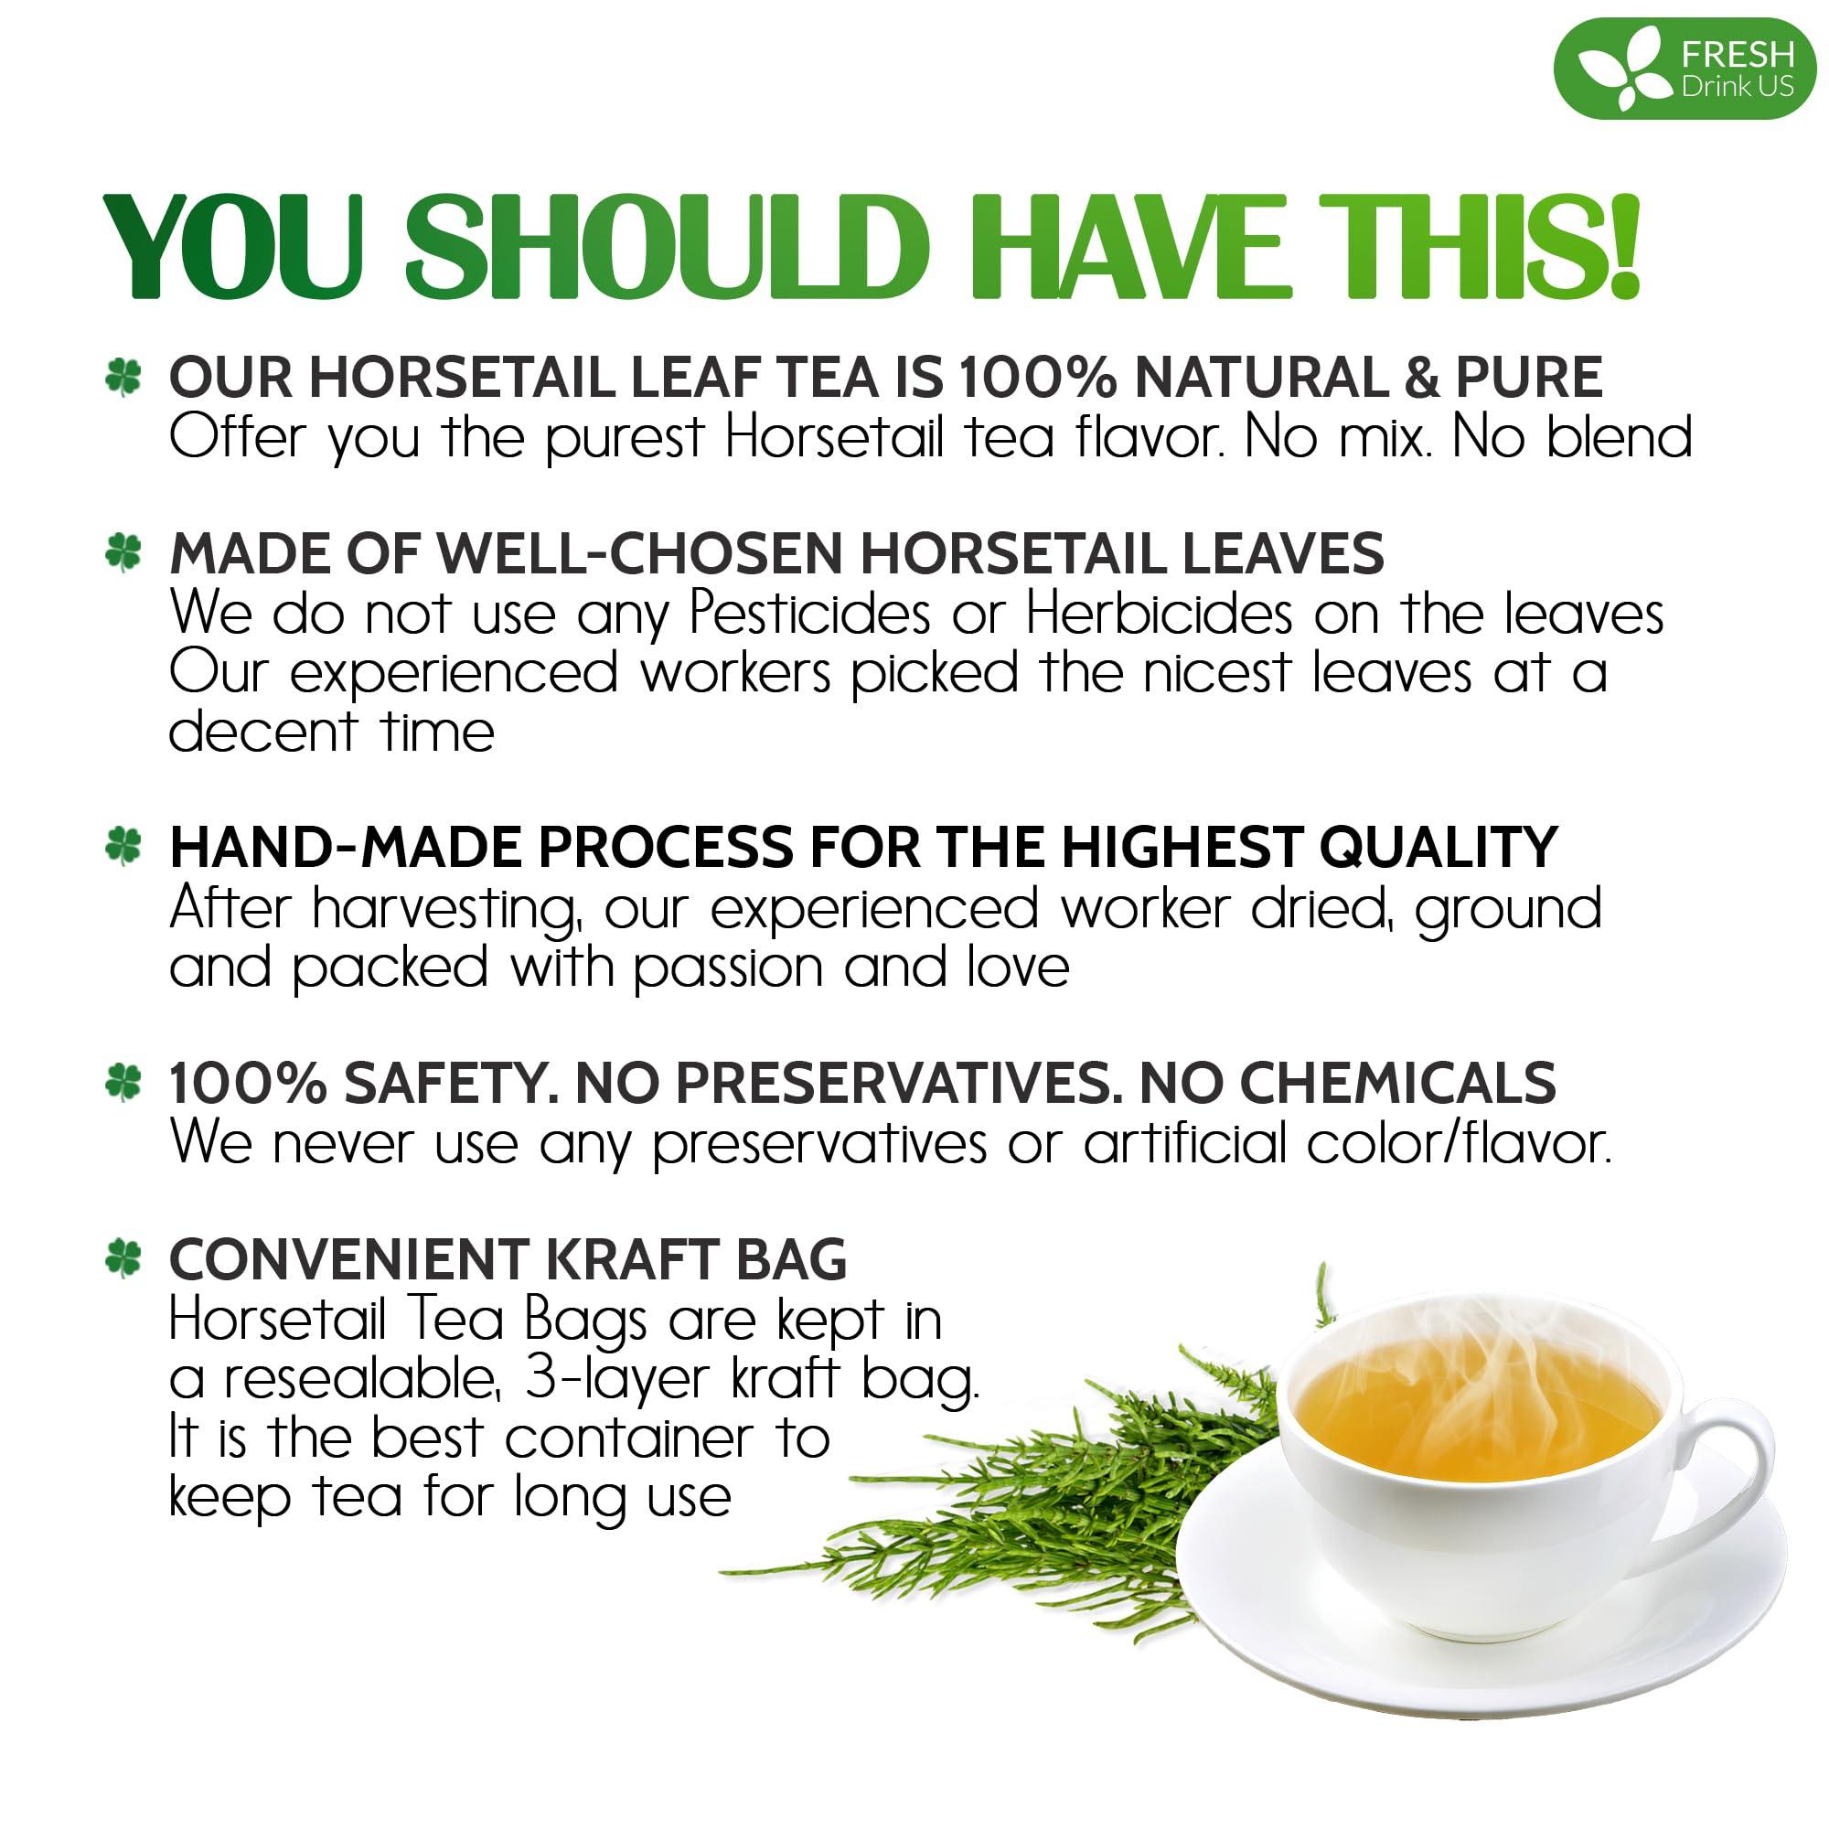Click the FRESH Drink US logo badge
[x=1685, y=72]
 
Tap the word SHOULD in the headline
[x=663, y=248]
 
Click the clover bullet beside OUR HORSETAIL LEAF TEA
[x=124, y=377]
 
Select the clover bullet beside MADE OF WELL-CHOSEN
[x=124, y=553]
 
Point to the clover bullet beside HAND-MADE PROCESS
[x=124, y=845]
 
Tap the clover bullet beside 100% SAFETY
[x=124, y=1082]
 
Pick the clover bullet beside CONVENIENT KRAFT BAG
[x=124, y=1259]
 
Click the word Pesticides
[x=809, y=615]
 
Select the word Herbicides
[x=1159, y=615]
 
